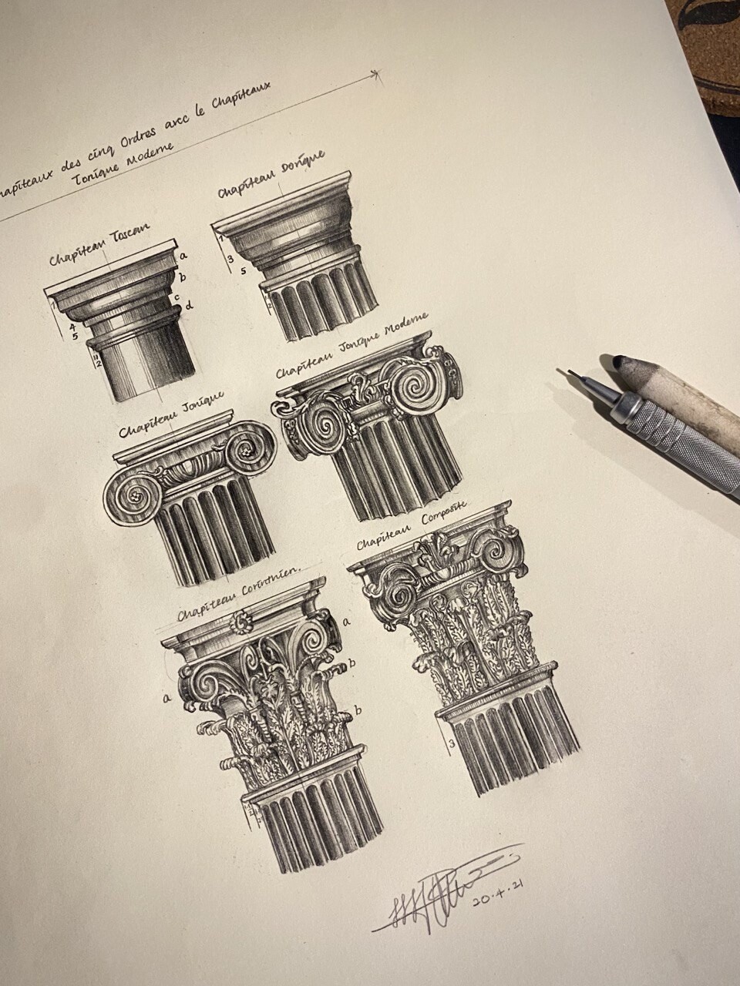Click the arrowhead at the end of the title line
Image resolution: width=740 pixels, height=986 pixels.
[376, 74]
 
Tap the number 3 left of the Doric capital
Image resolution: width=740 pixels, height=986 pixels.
[230, 259]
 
